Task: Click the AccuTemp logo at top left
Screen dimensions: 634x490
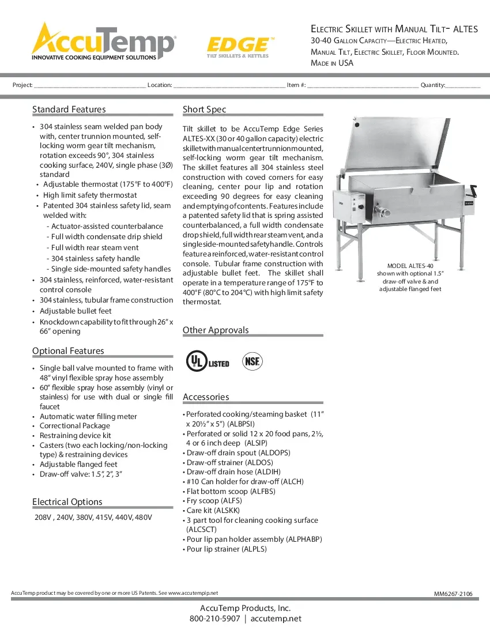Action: pyautogui.click(x=104, y=41)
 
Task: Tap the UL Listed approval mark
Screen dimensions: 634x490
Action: pyautogui.click(x=207, y=361)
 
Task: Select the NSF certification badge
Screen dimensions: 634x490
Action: pyautogui.click(x=252, y=361)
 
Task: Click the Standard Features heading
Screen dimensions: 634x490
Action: pyautogui.click(x=69, y=110)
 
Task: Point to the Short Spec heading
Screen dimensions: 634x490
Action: pyautogui.click(x=205, y=110)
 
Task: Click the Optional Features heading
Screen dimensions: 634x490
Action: pyautogui.click(x=68, y=351)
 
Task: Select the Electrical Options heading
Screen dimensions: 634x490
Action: pyautogui.click(x=67, y=502)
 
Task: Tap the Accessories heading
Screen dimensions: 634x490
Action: pyautogui.click(x=206, y=397)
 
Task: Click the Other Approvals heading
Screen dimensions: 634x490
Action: pyautogui.click(x=216, y=330)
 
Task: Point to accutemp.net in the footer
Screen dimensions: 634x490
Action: pyautogui.click(x=276, y=619)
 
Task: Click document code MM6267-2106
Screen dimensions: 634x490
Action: pyautogui.click(x=457, y=594)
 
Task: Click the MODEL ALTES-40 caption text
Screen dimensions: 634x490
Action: pyautogui.click(x=410, y=266)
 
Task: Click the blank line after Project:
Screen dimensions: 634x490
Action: pyautogui.click(x=89, y=85)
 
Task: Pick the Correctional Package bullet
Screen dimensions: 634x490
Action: pyautogui.click(x=74, y=426)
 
